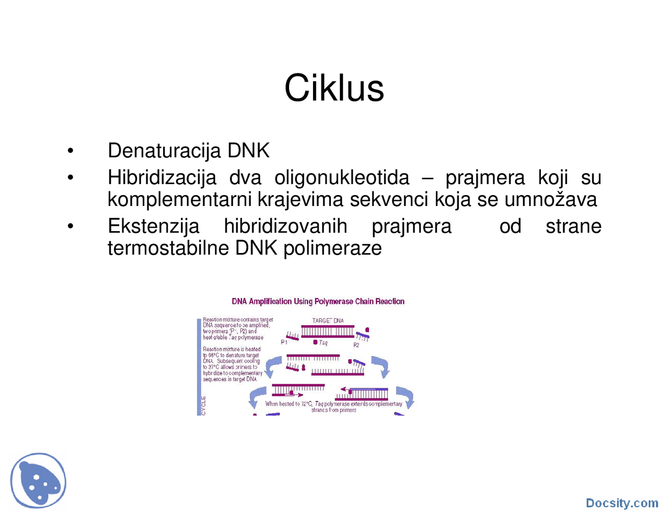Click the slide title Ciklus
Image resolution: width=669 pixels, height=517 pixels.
tap(334, 88)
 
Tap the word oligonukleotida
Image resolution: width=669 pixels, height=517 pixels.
tap(342, 178)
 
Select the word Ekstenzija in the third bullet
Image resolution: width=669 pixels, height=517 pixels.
tap(153, 226)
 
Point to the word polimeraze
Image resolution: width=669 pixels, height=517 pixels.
tap(332, 248)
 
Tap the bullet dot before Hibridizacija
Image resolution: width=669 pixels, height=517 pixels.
tap(71, 178)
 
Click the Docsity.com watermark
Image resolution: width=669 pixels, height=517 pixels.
tap(621, 503)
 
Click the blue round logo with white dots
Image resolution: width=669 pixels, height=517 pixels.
tap(38, 480)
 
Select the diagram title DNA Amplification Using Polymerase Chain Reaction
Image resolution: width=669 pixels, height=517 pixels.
tap(318, 302)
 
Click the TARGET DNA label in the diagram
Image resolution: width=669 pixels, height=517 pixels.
tap(328, 320)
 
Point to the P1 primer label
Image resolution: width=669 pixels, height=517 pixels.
tap(284, 342)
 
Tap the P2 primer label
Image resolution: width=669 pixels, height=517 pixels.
tap(356, 345)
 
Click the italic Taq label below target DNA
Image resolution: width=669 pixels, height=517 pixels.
tap(323, 343)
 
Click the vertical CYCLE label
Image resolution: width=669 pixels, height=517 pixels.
tap(203, 406)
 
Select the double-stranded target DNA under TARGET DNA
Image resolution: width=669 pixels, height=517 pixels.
tap(328, 331)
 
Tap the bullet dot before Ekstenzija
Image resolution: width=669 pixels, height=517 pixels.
tap(71, 226)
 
